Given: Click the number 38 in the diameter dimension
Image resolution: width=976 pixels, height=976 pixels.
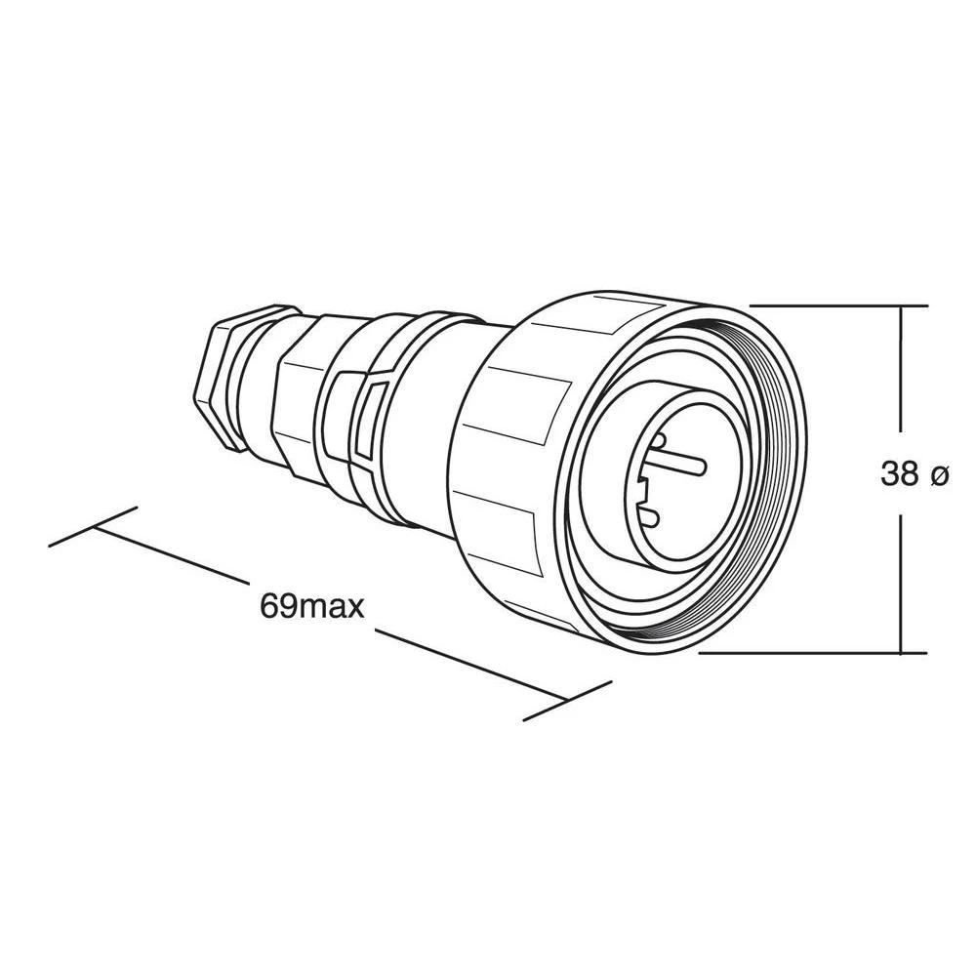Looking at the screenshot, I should coord(899,474).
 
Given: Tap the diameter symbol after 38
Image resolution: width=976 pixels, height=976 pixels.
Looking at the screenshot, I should coord(938,475).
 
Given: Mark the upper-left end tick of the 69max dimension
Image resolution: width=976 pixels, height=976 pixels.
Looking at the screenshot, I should coord(93,526).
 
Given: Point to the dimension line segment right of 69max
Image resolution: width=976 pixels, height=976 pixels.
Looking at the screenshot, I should coord(468,664).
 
